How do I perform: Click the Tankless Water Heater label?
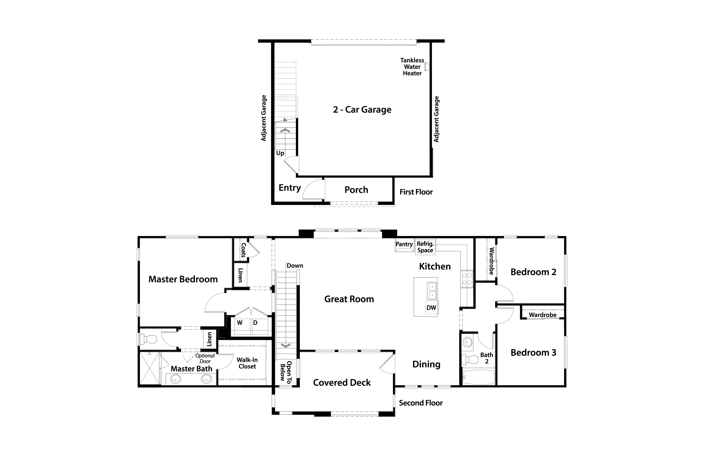[x=412, y=67]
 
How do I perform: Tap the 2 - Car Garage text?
[x=362, y=110]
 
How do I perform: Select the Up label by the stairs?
[x=280, y=153]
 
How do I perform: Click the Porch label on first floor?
[x=356, y=190]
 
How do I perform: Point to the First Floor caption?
[x=416, y=192]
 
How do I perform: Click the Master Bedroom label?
[x=183, y=279]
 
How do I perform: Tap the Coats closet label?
[x=243, y=250]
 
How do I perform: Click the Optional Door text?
[x=205, y=358]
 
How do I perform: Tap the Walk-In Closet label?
[x=247, y=363]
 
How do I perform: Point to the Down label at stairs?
[x=295, y=266]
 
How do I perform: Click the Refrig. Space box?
[x=425, y=247]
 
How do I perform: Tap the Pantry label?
[x=404, y=244]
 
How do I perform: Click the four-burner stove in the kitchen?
[x=467, y=279]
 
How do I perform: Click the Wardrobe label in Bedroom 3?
[x=543, y=315]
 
